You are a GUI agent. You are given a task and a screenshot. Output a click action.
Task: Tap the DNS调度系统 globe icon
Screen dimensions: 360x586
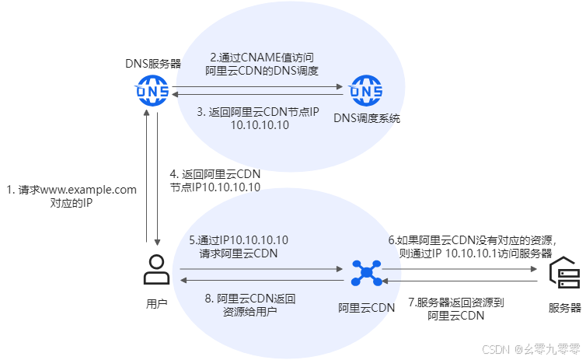pyautogui.click(x=365, y=93)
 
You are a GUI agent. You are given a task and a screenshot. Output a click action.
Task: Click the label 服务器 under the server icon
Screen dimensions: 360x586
pyautogui.click(x=564, y=307)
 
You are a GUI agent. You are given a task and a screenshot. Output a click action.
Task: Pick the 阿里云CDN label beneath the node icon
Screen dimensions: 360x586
pyautogui.click(x=365, y=307)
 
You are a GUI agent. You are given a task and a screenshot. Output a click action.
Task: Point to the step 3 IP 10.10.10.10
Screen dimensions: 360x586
pyautogui.click(x=260, y=125)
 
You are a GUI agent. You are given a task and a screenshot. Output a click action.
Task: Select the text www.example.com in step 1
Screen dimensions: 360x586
pyautogui.click(x=87, y=189)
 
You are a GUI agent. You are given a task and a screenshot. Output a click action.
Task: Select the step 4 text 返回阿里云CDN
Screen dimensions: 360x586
pyautogui.click(x=220, y=174)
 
